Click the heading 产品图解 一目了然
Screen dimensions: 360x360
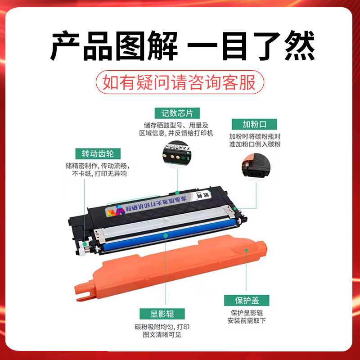click(180, 46)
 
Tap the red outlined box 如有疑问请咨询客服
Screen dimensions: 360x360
click(179, 83)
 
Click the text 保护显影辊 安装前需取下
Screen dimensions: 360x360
click(247, 317)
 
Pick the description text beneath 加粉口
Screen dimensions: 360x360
click(255, 140)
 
